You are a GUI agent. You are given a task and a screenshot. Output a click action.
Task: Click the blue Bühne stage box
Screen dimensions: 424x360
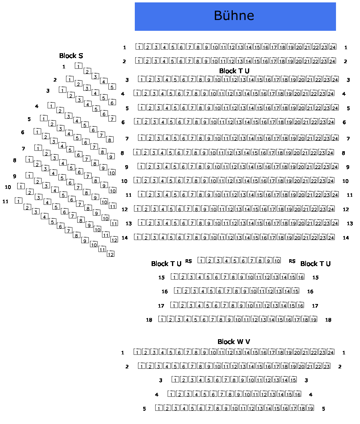click(235, 16)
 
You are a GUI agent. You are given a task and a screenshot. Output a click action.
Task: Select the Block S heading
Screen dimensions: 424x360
click(71, 56)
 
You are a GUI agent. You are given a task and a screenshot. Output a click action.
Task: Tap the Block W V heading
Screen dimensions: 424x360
click(234, 342)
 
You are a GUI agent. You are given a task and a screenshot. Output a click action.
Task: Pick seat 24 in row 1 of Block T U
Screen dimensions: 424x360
click(333, 47)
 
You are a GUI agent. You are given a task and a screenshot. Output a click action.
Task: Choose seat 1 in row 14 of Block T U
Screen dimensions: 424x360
click(138, 238)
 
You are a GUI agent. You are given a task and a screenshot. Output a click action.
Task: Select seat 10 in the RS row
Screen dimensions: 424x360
click(276, 261)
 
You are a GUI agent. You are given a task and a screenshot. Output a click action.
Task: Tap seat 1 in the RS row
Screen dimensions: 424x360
click(201, 261)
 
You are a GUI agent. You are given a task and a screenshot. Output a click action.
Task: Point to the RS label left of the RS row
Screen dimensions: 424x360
click(188, 261)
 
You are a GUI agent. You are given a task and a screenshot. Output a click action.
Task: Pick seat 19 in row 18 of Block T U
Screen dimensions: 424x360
click(313, 320)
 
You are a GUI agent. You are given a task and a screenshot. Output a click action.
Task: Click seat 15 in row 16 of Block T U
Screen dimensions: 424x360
click(295, 291)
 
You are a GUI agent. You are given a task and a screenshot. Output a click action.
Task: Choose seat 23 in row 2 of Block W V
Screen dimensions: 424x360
click(326, 366)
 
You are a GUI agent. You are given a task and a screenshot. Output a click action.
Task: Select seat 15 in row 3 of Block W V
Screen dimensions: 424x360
click(293, 380)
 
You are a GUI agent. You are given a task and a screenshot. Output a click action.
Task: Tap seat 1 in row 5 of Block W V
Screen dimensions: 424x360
click(159, 408)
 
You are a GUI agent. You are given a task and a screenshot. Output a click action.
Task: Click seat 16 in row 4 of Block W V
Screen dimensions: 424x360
click(297, 394)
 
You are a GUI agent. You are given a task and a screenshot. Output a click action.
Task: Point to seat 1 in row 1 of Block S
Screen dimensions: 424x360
click(79, 66)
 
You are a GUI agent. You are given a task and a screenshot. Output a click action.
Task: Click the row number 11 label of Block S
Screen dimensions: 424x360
click(6, 201)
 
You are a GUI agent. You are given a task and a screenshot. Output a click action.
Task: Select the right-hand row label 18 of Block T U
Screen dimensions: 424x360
click(328, 320)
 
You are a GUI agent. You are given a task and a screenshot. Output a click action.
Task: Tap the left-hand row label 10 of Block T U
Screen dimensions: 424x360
click(124, 181)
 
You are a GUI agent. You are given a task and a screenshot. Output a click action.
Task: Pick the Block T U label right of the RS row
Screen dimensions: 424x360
click(315, 264)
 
